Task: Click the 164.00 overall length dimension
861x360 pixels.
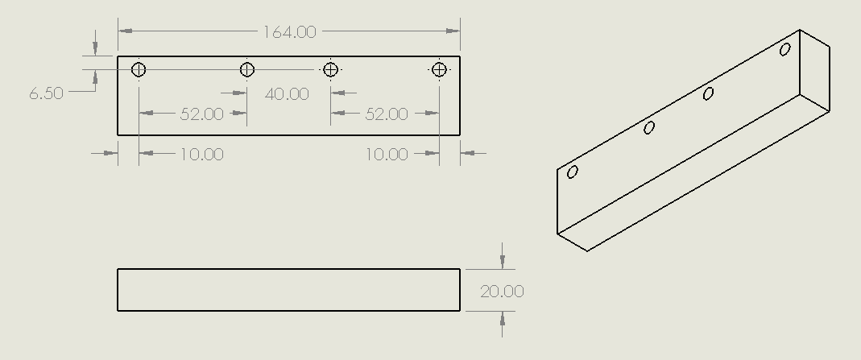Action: (x=290, y=32)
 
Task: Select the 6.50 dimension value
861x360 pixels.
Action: (x=46, y=93)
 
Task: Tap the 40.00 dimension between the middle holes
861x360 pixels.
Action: (x=287, y=94)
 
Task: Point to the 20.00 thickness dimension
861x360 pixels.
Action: (x=502, y=292)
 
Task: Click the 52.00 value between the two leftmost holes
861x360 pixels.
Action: (x=201, y=114)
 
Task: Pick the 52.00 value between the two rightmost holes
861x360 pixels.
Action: (x=387, y=114)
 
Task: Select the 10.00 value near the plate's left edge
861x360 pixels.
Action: (x=201, y=154)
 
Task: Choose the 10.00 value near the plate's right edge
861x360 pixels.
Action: (x=387, y=154)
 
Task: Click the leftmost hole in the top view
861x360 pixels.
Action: (x=139, y=70)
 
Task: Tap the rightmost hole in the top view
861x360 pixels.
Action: (x=439, y=70)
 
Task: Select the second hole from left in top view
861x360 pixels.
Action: (x=247, y=70)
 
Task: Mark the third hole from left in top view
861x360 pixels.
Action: (x=330, y=70)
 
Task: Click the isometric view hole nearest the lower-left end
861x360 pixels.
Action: (x=573, y=172)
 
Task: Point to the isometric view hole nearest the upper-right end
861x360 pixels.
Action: (x=785, y=49)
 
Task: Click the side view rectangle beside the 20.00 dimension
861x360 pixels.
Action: (x=288, y=290)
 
